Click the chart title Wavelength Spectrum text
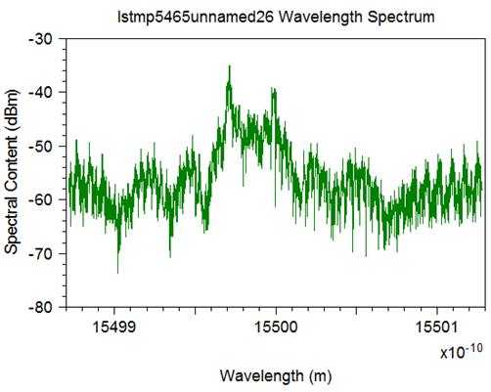point(356,17)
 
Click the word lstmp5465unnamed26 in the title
point(196,17)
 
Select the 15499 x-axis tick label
point(114,327)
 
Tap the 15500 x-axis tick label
point(276,327)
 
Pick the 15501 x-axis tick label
point(437,327)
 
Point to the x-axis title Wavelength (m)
point(276,375)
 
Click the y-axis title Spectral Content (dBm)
point(12,172)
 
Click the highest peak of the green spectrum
point(230,65)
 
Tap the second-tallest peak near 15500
point(273,89)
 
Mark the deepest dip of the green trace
point(117,273)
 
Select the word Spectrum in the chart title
point(401,17)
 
